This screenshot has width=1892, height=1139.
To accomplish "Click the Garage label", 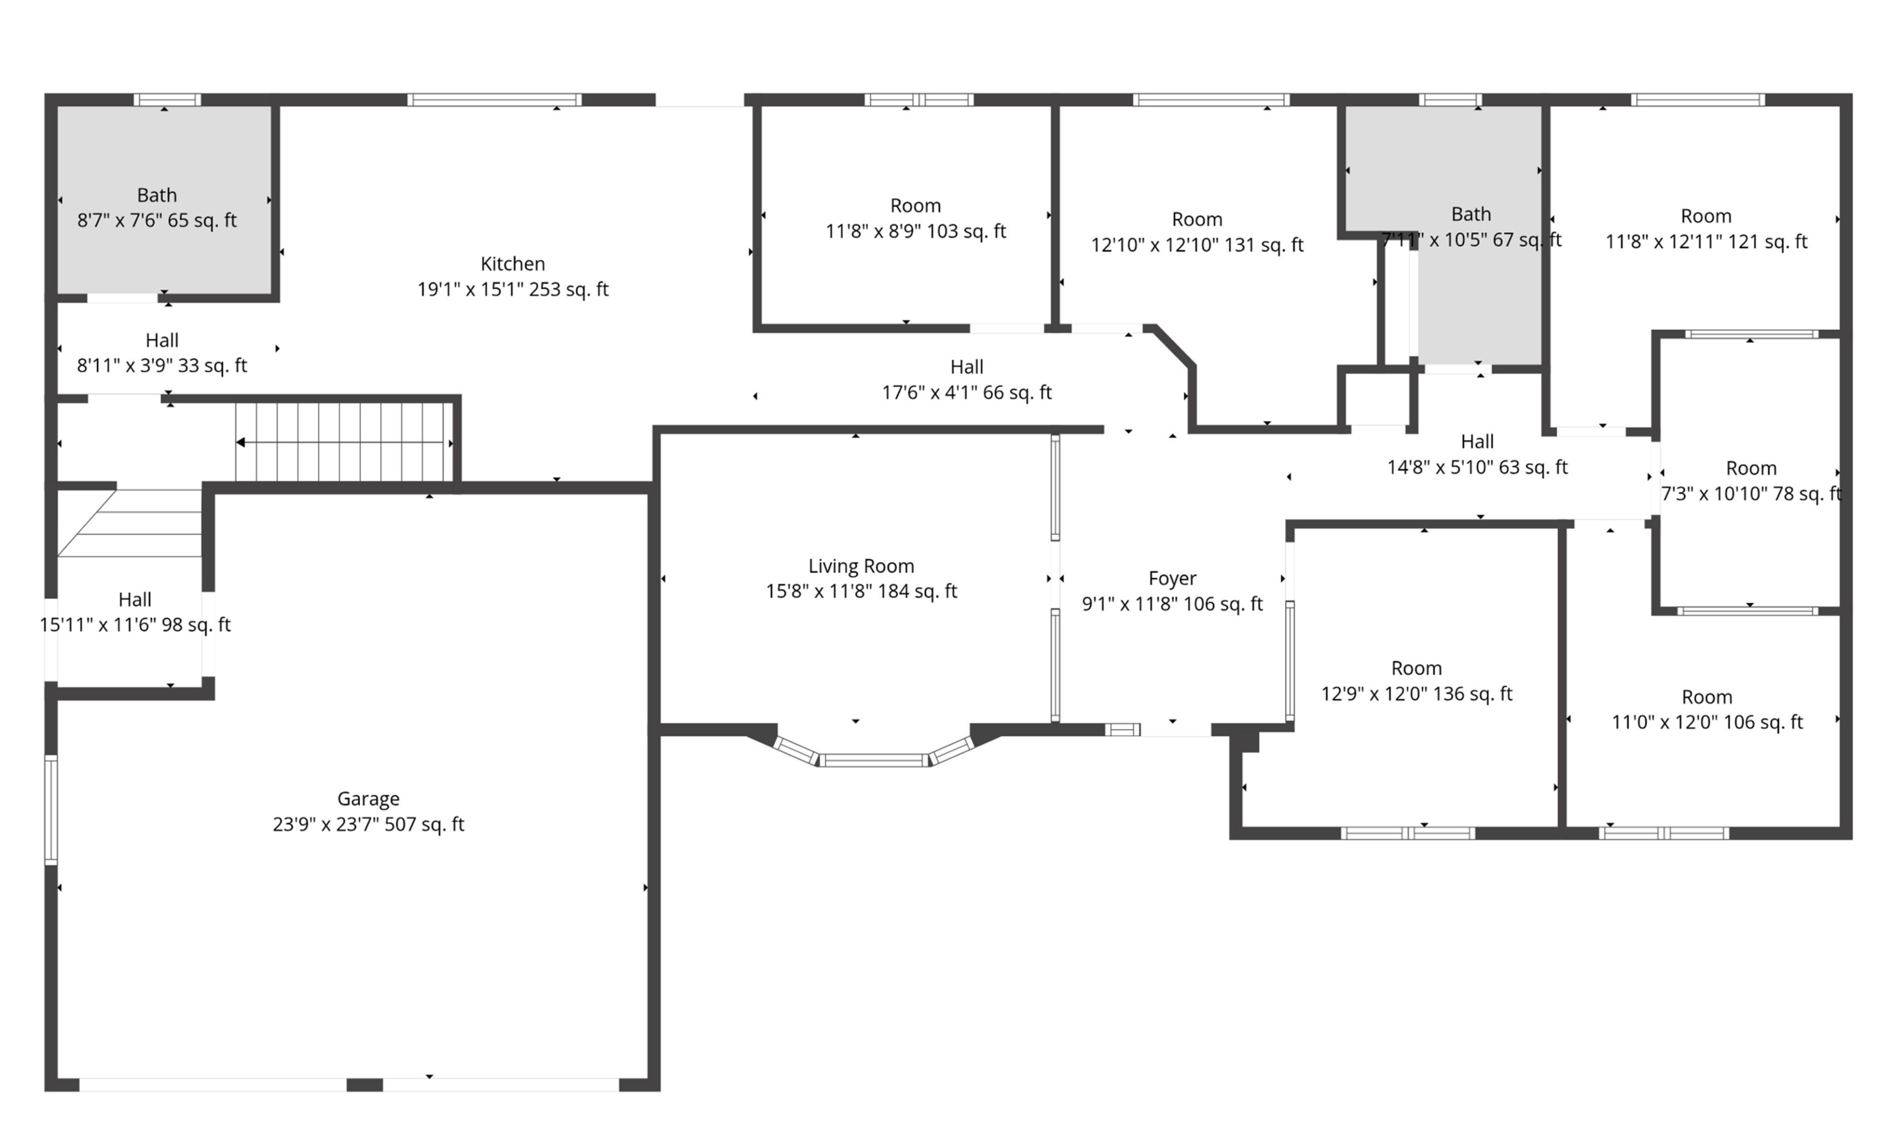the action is click(x=368, y=799).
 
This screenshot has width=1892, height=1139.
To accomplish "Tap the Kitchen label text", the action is click(x=512, y=264).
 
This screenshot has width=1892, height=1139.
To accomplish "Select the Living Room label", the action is click(x=861, y=566).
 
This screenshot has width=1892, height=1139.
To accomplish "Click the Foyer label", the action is click(x=1172, y=579).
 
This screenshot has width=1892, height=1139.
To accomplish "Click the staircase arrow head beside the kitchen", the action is click(x=240, y=443).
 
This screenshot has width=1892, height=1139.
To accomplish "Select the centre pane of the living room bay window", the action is click(x=874, y=760).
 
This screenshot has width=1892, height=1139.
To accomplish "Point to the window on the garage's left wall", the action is click(x=51, y=810).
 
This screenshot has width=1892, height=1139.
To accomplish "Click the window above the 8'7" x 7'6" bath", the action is click(x=167, y=100).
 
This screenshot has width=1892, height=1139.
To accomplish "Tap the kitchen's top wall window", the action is click(x=494, y=100).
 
